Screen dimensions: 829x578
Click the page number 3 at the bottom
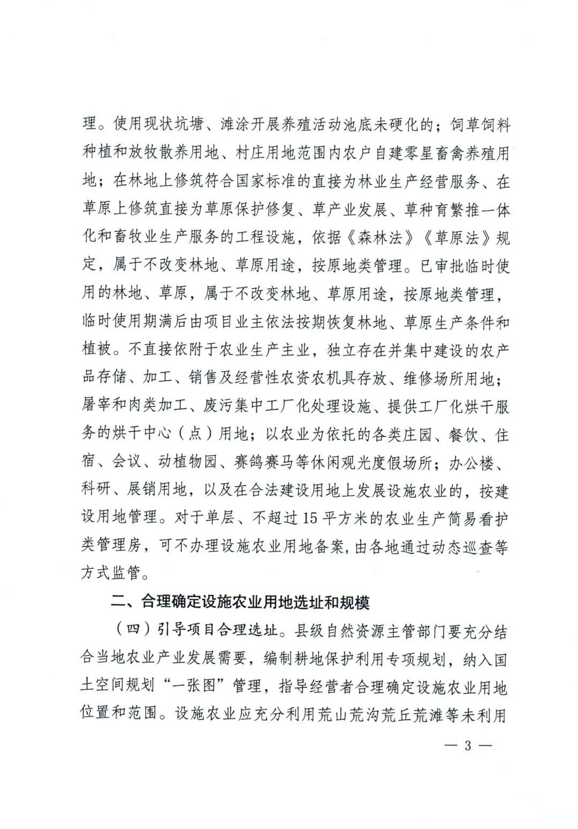468,745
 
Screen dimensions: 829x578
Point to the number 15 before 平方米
310,517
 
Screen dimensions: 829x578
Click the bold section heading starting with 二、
240,602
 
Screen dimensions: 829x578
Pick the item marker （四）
133,630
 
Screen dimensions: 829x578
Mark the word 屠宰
96,405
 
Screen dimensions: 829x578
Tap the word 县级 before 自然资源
309,630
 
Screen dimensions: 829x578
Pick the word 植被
96,350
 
